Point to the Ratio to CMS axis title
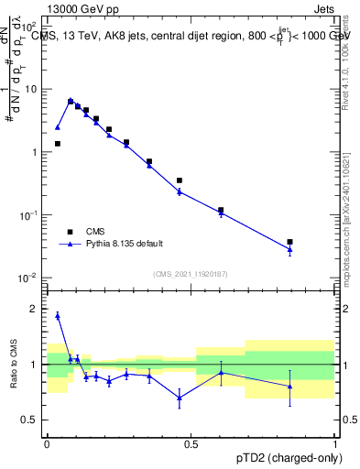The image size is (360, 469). click(x=15, y=365)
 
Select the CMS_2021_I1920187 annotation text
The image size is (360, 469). click(x=190, y=274)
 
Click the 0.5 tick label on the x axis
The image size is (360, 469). click(x=191, y=443)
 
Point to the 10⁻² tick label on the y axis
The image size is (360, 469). click(x=29, y=278)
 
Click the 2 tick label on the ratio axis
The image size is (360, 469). click(x=35, y=309)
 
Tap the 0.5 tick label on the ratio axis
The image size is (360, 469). click(x=29, y=420)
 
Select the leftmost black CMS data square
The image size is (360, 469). click(x=57, y=144)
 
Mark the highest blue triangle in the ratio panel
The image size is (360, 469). click(x=57, y=315)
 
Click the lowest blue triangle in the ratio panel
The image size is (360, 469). click(x=180, y=397)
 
